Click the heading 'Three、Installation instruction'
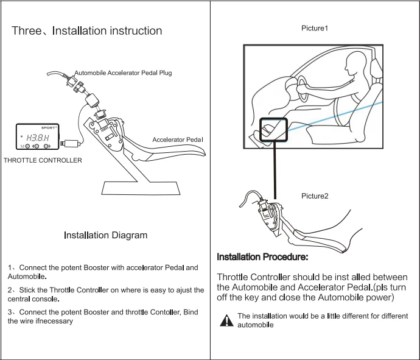pyautogui.click(x=87, y=30)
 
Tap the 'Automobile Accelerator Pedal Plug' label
pyautogui.click(x=123, y=72)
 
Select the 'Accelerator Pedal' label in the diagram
pyautogui.click(x=177, y=139)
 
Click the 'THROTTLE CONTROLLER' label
pyautogui.click(x=43, y=160)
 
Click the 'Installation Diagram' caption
pyautogui.click(x=105, y=235)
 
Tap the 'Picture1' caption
pyautogui.click(x=315, y=29)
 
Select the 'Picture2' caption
pyautogui.click(x=315, y=196)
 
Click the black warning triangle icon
pyautogui.click(x=226, y=320)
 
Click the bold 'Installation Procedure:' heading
pyautogui.click(x=262, y=257)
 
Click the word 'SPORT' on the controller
pyautogui.click(x=49, y=129)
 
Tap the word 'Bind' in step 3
pyautogui.click(x=191, y=312)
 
